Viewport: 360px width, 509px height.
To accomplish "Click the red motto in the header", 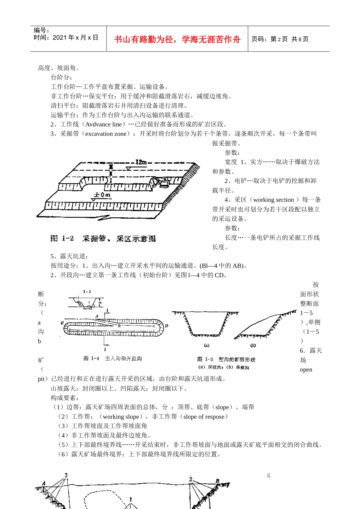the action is (177, 39).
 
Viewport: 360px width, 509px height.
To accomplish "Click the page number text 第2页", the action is (279, 39).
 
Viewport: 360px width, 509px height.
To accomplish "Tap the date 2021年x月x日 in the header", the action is (75, 37).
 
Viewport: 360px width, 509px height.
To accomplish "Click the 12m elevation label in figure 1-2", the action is (141, 162).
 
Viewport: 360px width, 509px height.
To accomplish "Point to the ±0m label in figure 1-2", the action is (102, 195).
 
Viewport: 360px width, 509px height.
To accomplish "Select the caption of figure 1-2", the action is (103, 239).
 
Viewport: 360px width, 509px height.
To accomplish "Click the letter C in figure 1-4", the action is (62, 323).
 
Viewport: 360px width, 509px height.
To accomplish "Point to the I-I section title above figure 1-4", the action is (87, 292).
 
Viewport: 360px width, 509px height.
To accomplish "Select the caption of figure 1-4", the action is (113, 358).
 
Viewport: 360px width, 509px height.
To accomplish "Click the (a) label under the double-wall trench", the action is (207, 345).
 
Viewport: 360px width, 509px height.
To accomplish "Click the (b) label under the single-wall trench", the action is (253, 345).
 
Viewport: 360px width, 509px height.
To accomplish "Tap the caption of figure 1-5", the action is (226, 359).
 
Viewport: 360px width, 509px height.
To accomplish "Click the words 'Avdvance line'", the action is (104, 124).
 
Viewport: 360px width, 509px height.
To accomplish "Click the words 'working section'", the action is (273, 200).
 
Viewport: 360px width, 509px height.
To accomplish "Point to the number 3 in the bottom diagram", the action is (66, 475).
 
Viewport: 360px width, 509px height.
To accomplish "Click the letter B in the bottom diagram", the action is (218, 481).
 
